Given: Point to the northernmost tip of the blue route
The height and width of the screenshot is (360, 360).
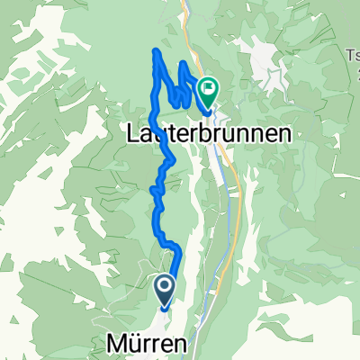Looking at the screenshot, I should pyautogui.click(x=160, y=50).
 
